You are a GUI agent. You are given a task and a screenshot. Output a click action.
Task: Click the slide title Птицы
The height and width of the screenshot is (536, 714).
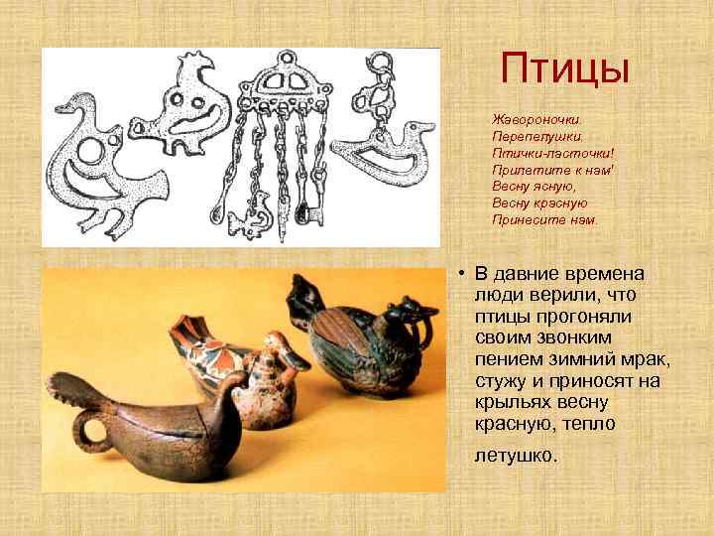565,67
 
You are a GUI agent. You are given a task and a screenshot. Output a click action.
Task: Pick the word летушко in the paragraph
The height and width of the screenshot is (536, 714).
515,459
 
